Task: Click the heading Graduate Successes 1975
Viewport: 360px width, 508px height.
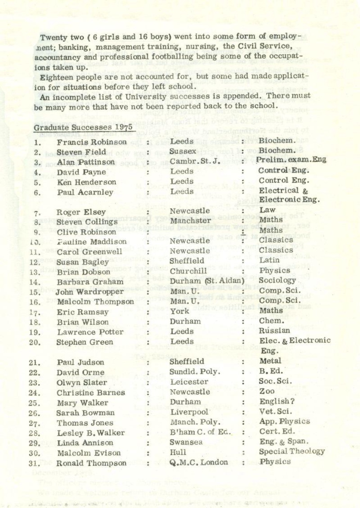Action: (x=83, y=127)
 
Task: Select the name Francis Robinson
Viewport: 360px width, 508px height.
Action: (x=91, y=142)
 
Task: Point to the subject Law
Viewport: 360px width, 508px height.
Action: (x=267, y=210)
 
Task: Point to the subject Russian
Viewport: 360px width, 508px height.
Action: (x=274, y=331)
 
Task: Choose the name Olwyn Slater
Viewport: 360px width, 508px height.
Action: (x=82, y=383)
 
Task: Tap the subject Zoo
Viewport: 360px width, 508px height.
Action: (x=267, y=391)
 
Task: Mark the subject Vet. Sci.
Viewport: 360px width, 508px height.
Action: (x=276, y=412)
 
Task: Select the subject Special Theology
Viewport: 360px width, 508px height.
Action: (x=291, y=451)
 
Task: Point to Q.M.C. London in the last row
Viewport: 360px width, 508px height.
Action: (x=199, y=462)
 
